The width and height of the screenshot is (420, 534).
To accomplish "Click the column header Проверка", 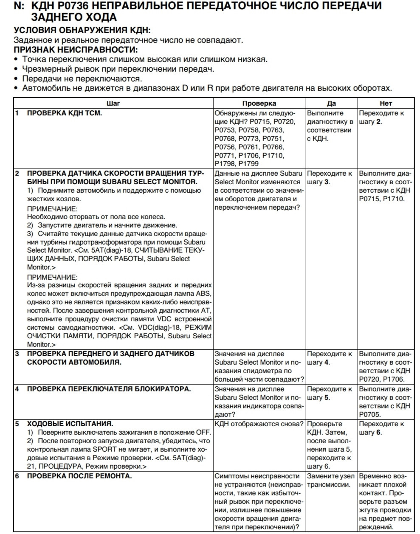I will point(259,103).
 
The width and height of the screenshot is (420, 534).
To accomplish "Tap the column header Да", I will point(332,103).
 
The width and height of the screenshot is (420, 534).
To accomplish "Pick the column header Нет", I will point(386,103).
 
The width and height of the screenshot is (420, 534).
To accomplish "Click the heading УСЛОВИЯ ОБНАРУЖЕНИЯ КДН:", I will point(82,31).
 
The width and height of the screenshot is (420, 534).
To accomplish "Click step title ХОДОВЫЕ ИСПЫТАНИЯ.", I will point(70,424).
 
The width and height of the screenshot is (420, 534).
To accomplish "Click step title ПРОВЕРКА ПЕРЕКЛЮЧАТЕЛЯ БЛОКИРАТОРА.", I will point(109,389).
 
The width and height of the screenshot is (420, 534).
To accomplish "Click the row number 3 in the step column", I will point(17,354).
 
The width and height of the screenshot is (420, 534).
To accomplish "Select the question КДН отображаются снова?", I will point(259,424).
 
